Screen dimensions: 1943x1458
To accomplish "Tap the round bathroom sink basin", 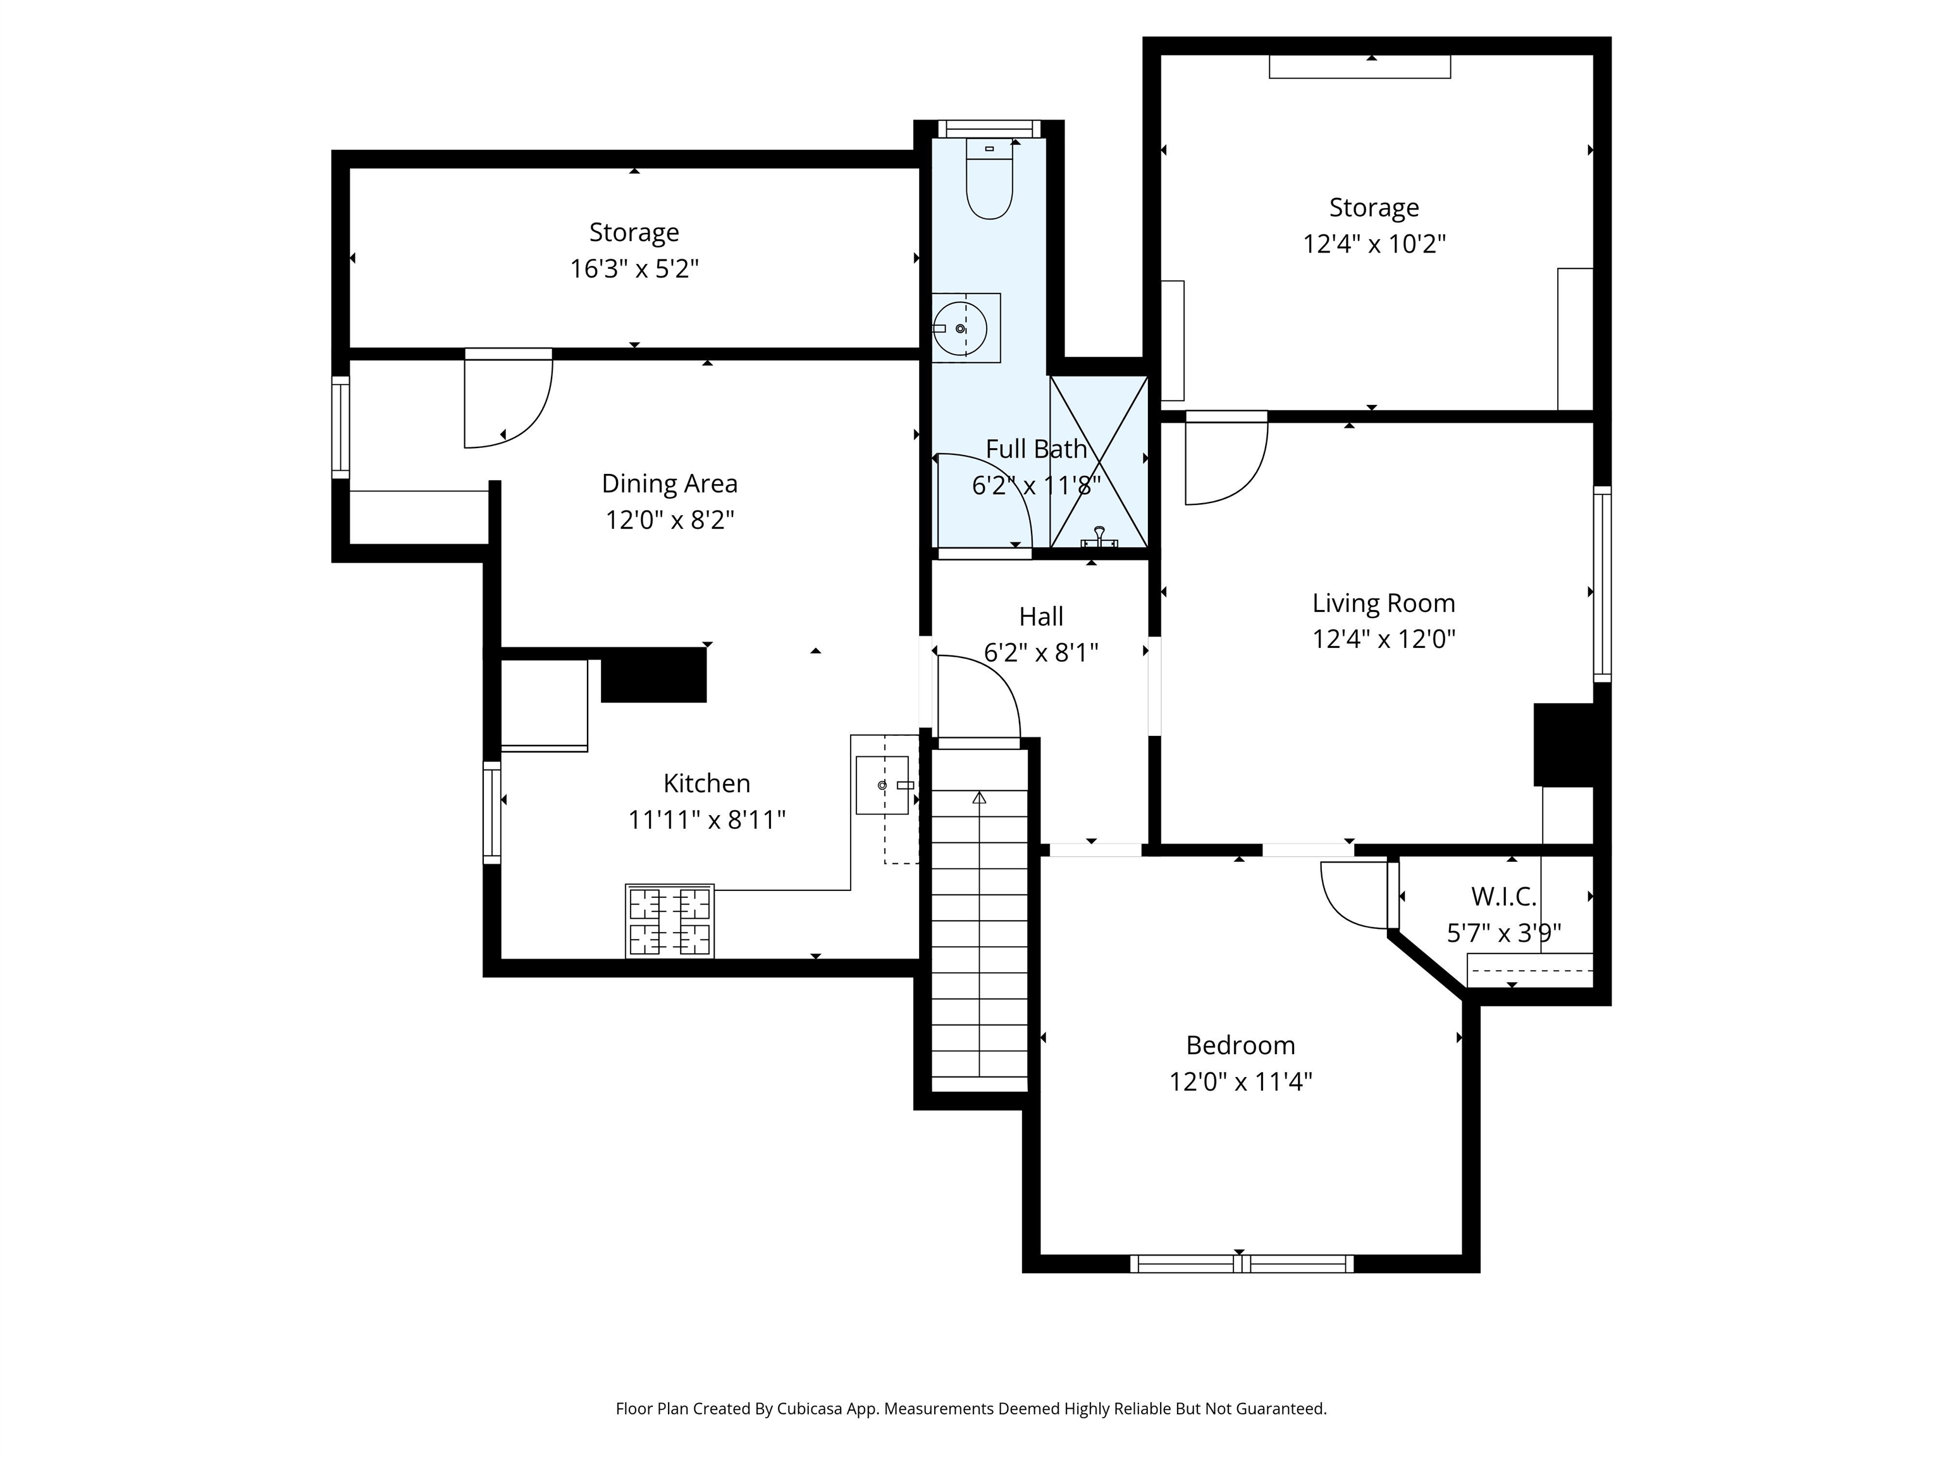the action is pyautogui.click(x=960, y=328).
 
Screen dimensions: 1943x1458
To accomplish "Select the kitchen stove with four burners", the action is pyautogui.click(x=669, y=920).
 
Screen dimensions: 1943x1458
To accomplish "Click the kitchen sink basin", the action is pyautogui.click(x=882, y=785).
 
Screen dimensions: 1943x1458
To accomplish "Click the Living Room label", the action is pyautogui.click(x=1383, y=603).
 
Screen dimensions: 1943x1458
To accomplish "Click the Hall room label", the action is pyautogui.click(x=1041, y=617).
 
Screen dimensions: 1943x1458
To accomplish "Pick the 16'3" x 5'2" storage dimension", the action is pyautogui.click(x=634, y=269).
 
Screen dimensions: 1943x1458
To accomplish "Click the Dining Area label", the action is pyautogui.click(x=669, y=483).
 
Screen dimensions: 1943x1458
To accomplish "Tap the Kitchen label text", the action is pyautogui.click(x=706, y=783).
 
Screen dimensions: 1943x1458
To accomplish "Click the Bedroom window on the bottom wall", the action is pyautogui.click(x=1241, y=1264).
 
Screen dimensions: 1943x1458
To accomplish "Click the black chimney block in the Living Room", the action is pyautogui.click(x=1564, y=744).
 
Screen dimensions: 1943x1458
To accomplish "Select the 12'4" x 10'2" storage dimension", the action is pyautogui.click(x=1374, y=244).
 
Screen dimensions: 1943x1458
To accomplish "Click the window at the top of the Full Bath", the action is pyautogui.click(x=989, y=129).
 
